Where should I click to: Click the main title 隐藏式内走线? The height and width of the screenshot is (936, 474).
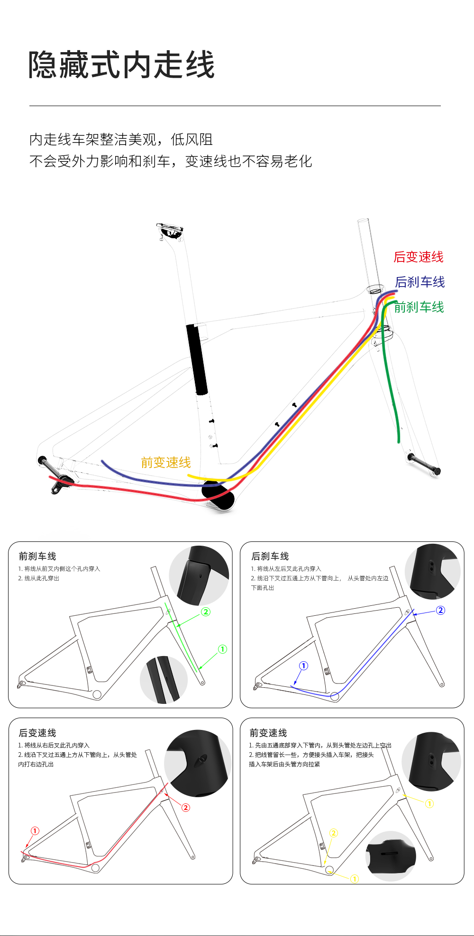pos(121,65)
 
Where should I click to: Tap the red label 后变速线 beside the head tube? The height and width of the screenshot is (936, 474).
pos(419,257)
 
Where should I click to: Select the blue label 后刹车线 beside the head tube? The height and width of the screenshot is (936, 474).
pos(420,282)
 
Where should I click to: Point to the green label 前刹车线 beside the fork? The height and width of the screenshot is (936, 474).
pos(419,307)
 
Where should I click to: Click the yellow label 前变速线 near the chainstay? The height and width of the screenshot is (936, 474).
pos(166,462)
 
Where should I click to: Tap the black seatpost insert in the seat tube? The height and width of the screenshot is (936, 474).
pos(197,359)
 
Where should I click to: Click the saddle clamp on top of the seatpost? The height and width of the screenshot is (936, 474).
pos(170,231)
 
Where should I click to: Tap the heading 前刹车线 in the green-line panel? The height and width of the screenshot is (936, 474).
pos(37,556)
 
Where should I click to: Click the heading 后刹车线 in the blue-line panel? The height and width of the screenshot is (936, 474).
pos(270,556)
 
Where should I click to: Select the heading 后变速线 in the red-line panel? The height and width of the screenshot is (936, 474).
pos(37,733)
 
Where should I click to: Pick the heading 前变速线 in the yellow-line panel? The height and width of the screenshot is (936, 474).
pos(268,733)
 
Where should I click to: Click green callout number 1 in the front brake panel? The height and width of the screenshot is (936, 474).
pos(222,649)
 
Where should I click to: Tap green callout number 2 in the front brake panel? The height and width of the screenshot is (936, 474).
pos(206,612)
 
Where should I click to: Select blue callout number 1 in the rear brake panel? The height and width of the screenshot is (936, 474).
pos(303,666)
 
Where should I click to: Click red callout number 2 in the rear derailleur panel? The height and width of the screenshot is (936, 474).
pos(186,807)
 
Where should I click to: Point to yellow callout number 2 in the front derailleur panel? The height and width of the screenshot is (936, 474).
pos(334,833)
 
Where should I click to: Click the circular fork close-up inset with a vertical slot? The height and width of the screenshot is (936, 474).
pos(164,680)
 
